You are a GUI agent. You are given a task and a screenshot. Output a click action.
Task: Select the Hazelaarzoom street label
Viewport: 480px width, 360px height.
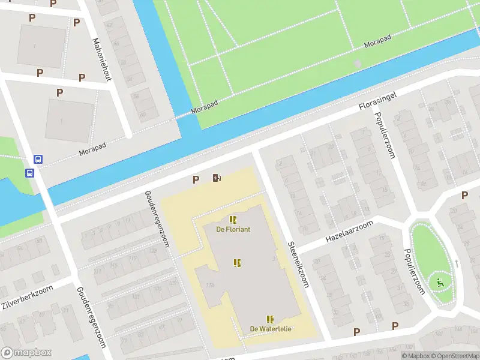pos(349,232)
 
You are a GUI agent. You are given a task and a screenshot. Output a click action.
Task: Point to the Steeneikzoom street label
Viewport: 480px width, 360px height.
pos(298,265)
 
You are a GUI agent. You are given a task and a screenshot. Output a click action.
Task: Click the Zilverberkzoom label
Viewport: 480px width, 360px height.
pos(27,297)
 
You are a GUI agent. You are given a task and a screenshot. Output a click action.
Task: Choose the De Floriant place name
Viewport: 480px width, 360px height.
pos(233,229)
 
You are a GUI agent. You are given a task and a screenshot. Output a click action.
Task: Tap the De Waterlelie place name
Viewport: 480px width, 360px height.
pos(271,329)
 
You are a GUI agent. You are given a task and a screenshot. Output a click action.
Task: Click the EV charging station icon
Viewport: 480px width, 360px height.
pos(217,178)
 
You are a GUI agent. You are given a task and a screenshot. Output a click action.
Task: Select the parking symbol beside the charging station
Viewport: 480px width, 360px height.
pos(196,179)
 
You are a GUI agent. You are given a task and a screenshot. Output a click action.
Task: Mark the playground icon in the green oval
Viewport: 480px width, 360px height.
pos(440,283)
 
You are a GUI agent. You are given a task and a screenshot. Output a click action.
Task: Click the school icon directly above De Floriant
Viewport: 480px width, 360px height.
pos(233,220)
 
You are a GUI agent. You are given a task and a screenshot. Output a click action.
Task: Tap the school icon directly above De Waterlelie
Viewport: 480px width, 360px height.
pos(270,319)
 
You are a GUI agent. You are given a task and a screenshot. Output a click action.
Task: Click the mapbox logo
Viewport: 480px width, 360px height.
pos(26,353)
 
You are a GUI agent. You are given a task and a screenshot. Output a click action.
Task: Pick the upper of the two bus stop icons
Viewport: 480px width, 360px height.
pos(38,160)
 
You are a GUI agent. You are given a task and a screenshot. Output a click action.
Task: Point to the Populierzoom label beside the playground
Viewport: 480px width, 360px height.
pos(415,272)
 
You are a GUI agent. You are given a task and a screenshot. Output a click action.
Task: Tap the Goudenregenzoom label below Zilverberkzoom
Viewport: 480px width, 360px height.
pos(91,316)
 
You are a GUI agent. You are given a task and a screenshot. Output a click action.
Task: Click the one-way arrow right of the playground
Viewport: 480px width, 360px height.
pos(457,263)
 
